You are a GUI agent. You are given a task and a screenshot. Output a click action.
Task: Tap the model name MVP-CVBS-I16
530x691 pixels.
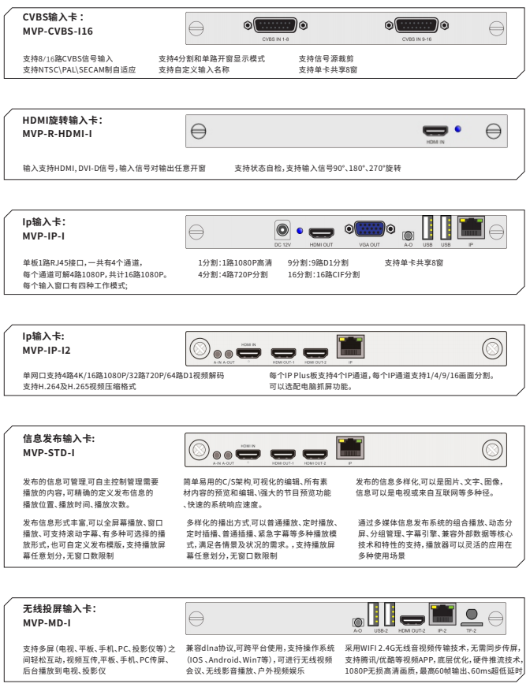(x=58, y=31)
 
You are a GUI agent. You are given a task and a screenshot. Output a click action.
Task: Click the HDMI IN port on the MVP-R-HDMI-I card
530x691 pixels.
(x=435, y=131)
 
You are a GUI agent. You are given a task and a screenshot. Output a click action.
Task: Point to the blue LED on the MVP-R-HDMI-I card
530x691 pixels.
(x=457, y=129)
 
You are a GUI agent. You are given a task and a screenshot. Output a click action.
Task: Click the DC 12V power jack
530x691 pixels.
(x=282, y=231)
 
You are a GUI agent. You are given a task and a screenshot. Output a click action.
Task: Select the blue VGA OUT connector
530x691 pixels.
(x=369, y=230)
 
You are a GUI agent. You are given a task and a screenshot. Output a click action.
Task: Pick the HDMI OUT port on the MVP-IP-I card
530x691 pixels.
(x=321, y=232)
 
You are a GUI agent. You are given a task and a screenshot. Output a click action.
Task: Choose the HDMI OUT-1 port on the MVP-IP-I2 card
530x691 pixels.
(x=283, y=354)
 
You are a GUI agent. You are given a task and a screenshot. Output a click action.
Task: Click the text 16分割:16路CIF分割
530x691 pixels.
(x=323, y=275)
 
